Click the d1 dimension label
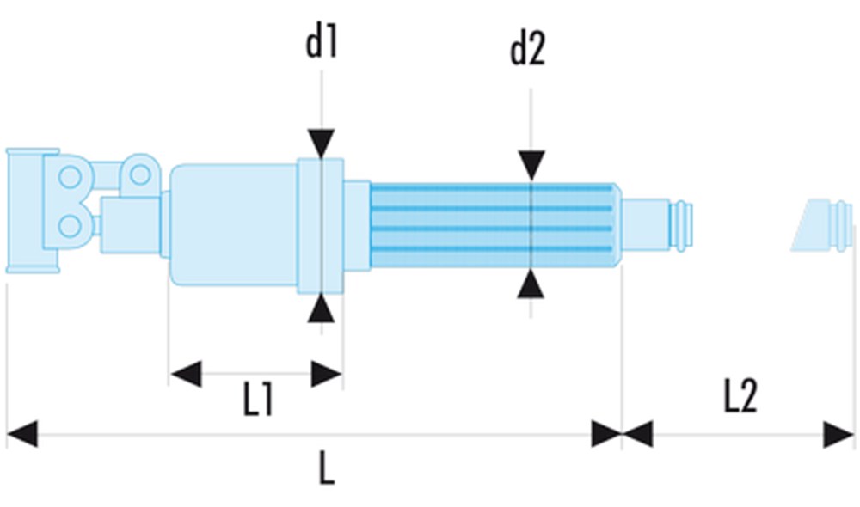[322, 44]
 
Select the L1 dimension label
[258, 400]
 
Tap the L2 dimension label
[740, 397]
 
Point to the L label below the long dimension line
[325, 469]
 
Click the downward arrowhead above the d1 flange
[322, 144]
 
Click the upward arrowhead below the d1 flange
[322, 308]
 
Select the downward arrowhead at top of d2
[531, 166]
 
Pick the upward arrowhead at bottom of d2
[531, 283]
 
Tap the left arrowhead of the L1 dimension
[186, 374]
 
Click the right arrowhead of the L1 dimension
[327, 374]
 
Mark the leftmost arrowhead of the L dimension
[21, 434]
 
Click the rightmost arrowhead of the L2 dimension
[838, 434]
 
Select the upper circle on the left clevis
[70, 178]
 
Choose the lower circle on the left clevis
[70, 227]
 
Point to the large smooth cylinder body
[234, 224]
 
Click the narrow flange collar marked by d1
[321, 225]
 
